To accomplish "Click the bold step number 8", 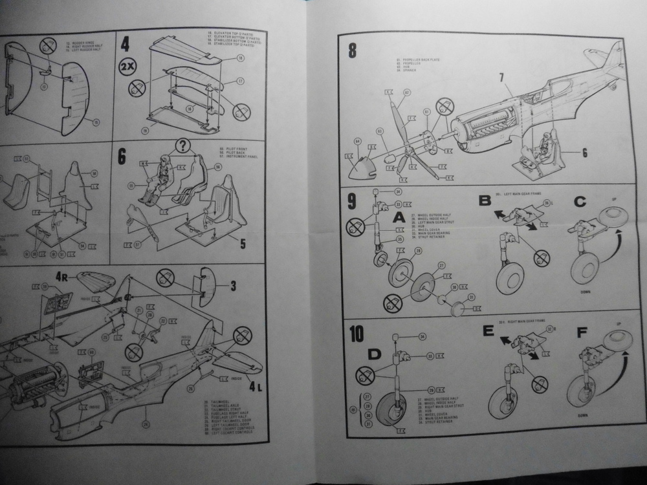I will click(x=352, y=50).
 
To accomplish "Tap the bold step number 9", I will click(x=351, y=200).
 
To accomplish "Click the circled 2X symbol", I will click(x=127, y=66).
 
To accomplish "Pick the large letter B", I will click(x=485, y=200).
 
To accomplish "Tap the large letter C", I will click(x=580, y=200).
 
